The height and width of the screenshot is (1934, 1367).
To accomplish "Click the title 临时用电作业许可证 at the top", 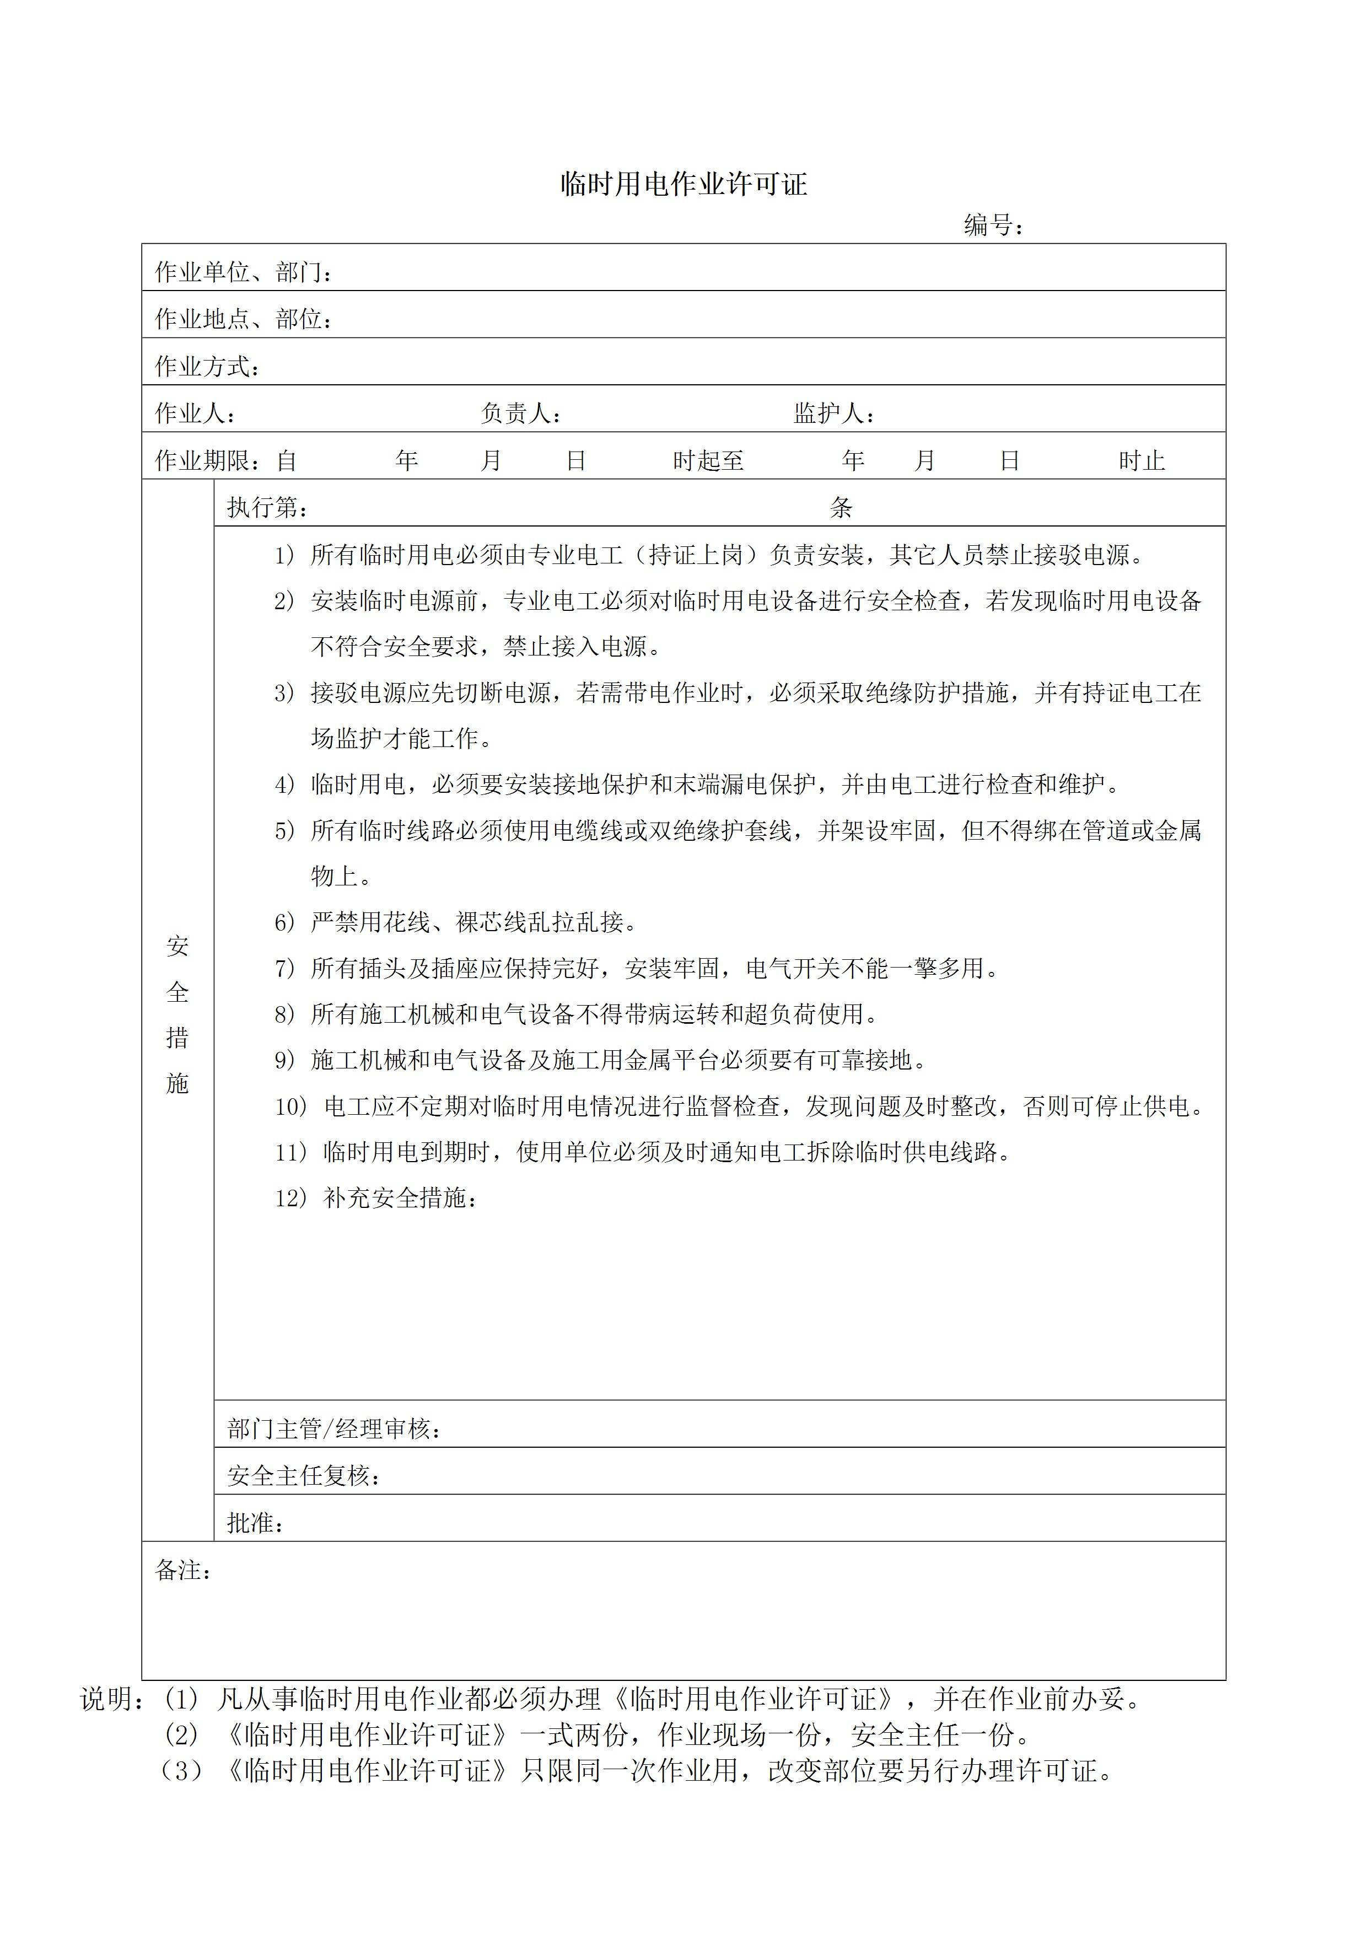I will [684, 185].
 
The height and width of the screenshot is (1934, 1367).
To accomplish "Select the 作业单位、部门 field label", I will [244, 272].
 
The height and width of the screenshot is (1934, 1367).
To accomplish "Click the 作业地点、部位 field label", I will [244, 319].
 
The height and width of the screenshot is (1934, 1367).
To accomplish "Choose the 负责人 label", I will [520, 413].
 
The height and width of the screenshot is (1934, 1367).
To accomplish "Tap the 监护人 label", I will [833, 413].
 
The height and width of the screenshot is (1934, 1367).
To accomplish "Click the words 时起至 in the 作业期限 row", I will [708, 461].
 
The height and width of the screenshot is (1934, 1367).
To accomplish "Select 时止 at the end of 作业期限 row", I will [1141, 461].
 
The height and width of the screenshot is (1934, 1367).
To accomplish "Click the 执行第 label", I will [267, 508].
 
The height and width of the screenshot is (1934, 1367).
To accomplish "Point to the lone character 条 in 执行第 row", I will [841, 508].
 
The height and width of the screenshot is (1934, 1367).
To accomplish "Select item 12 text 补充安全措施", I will [400, 1199].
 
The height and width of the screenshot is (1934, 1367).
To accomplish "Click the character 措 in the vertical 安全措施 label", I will [177, 1038].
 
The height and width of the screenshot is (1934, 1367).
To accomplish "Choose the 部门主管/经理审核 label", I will [333, 1428].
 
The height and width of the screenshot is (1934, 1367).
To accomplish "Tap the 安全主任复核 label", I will [303, 1476].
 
